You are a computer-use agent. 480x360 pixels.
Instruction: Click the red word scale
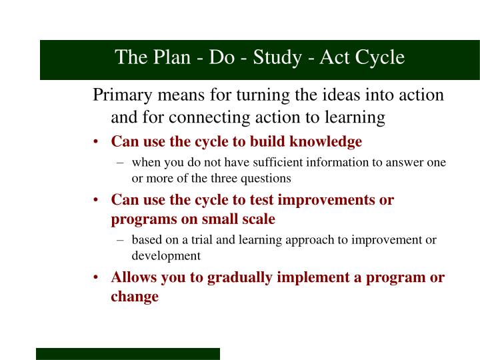click(256, 219)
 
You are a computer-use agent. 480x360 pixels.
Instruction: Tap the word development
click(166, 255)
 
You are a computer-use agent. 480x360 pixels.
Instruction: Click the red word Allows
click(133, 277)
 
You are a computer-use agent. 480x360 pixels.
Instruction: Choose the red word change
click(135, 297)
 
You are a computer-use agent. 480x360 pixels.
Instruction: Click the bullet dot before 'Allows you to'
click(97, 278)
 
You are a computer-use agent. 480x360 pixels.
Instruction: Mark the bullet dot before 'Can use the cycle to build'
click(97, 142)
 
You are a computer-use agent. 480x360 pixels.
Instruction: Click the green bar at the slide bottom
click(127, 353)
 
